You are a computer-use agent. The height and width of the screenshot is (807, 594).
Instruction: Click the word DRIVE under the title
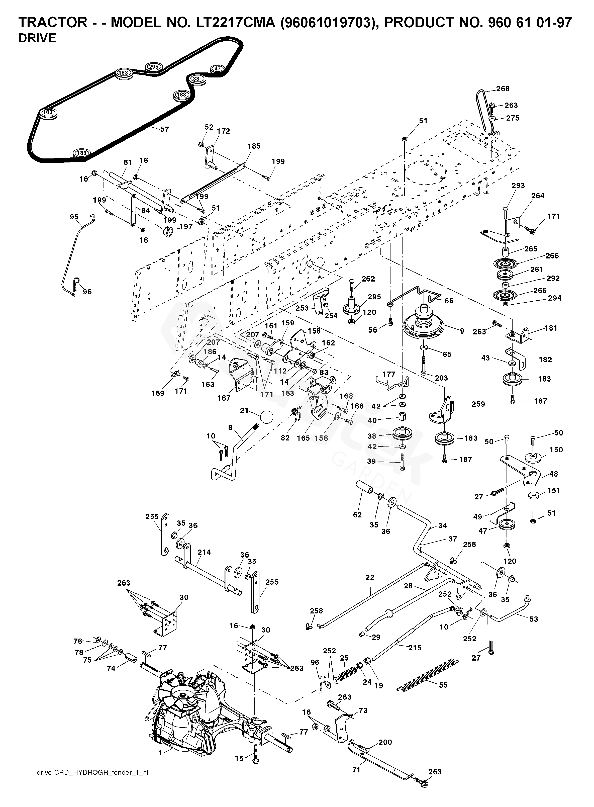(x=37, y=38)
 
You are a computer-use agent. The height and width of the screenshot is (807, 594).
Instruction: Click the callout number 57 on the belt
(x=164, y=129)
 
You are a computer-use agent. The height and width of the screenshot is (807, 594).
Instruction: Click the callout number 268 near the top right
(x=503, y=89)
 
